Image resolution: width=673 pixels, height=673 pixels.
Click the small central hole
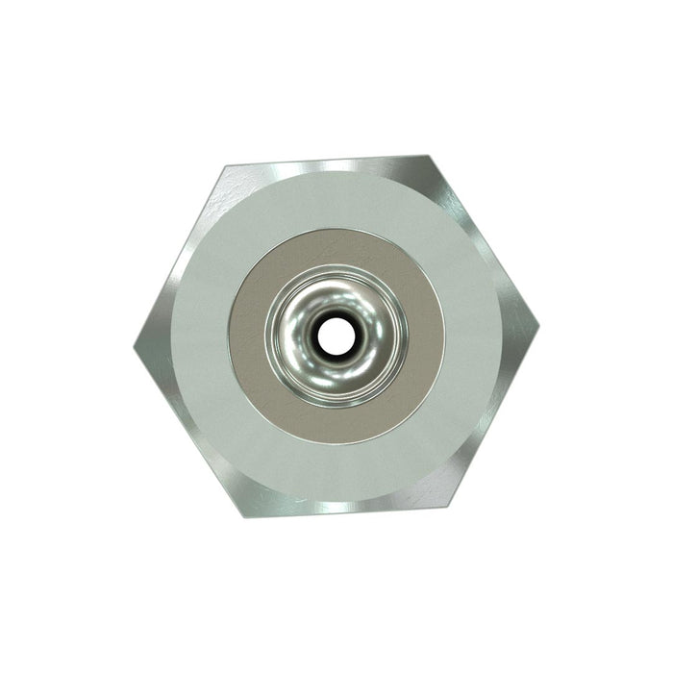click(336, 336)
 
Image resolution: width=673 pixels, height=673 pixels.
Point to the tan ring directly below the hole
click(336, 424)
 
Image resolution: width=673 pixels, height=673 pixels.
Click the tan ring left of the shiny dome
click(247, 336)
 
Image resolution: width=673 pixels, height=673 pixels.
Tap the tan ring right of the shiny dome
click(425, 336)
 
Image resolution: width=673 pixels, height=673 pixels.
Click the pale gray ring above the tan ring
click(336, 197)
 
